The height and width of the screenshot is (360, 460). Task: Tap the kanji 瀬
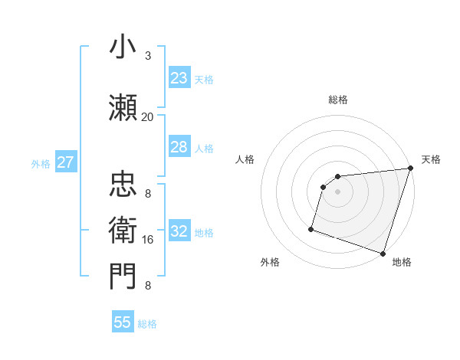coord(123,106)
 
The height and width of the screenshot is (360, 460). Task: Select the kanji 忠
coord(123,184)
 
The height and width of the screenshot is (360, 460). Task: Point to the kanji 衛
coord(123,228)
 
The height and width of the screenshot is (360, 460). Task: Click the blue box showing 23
coord(179,78)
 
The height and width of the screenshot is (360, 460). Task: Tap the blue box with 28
coord(179,147)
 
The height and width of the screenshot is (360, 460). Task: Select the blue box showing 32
coord(179,231)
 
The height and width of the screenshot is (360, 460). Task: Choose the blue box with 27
coord(65,162)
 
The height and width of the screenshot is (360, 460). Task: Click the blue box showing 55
coord(123,322)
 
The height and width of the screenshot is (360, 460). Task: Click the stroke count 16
coord(148,240)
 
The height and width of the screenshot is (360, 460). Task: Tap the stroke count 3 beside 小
coord(148,55)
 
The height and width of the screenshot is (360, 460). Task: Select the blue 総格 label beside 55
coord(147,324)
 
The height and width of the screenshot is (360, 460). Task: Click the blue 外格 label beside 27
coord(41,163)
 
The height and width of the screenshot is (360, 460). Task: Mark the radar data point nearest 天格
coord(410,169)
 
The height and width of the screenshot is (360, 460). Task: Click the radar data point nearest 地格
coord(383,253)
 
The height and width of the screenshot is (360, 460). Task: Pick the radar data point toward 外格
coord(311,228)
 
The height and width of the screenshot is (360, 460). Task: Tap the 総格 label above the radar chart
coord(337,100)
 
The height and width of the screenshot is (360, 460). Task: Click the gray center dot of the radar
coord(337,192)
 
